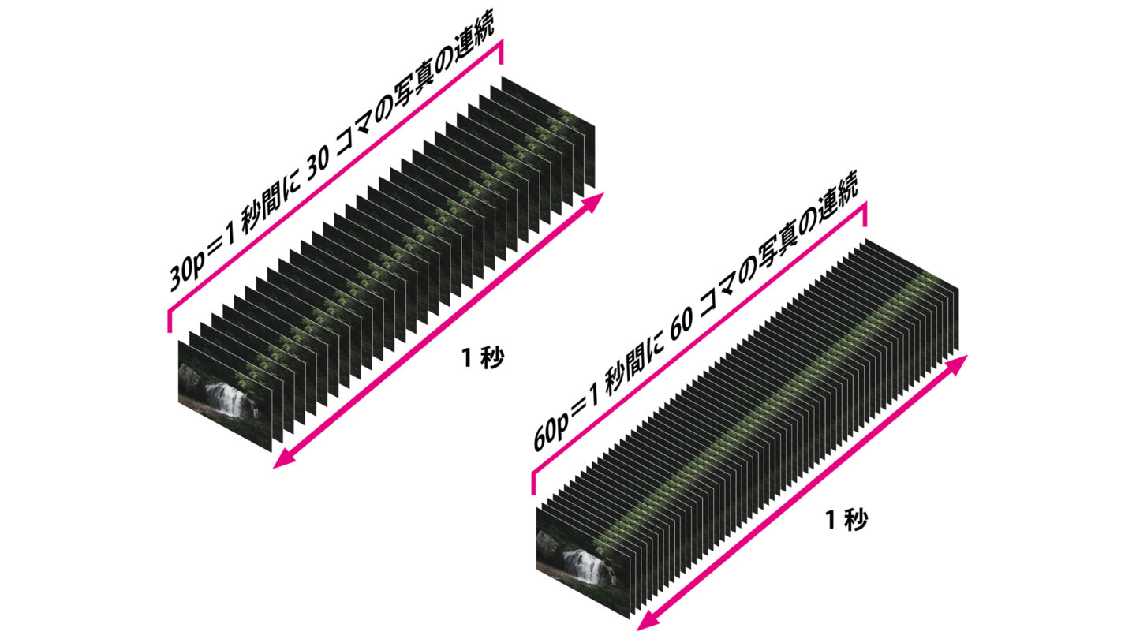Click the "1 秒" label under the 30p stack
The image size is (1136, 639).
[483, 358]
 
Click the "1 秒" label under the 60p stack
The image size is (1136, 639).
[846, 520]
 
